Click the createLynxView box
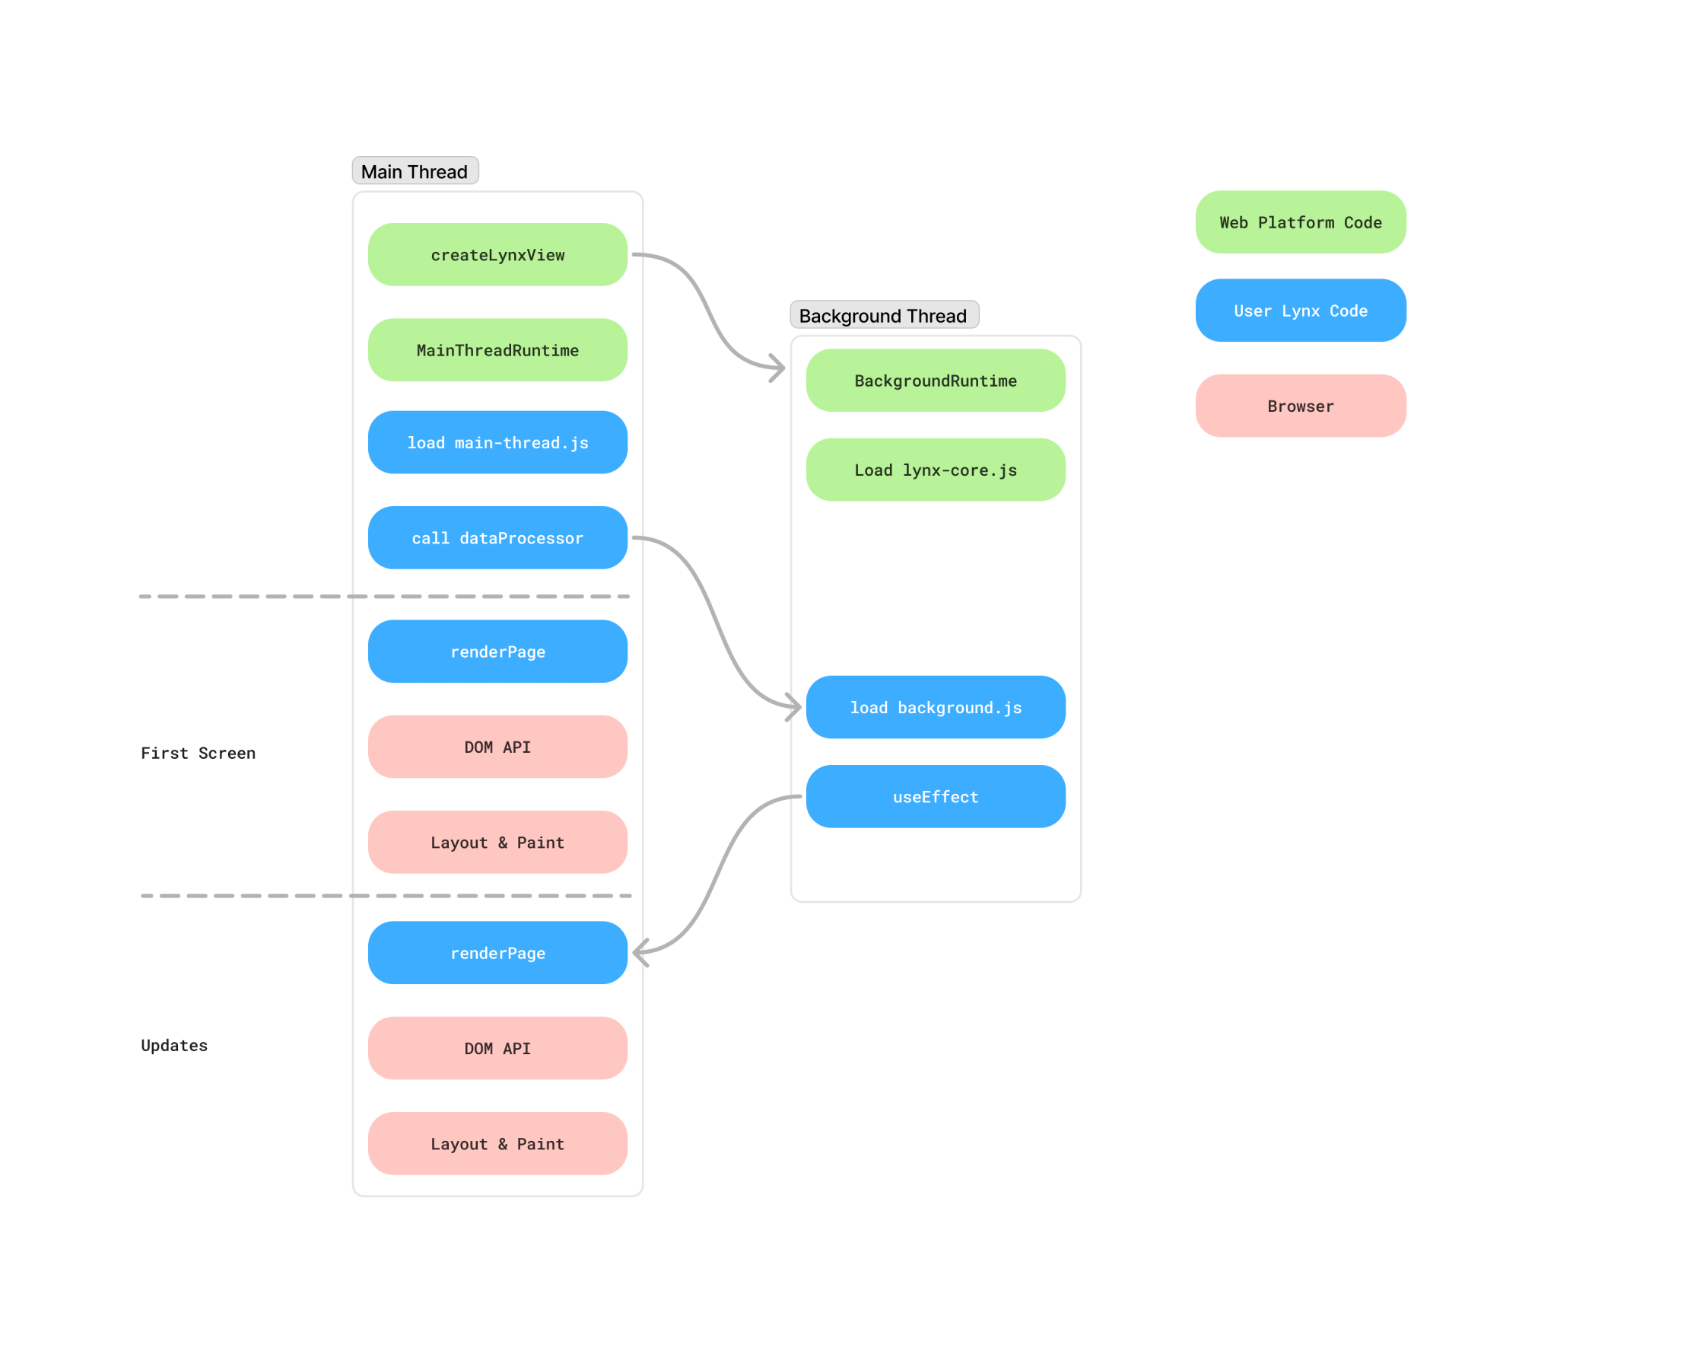tap(497, 255)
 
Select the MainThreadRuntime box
tap(497, 350)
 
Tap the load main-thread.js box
tap(497, 442)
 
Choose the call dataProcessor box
tap(497, 538)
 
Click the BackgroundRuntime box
tap(936, 381)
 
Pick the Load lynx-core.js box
tap(936, 470)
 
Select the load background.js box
tap(936, 708)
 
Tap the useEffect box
tap(936, 797)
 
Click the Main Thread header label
tap(415, 171)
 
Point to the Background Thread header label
tap(884, 316)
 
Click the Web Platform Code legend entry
tap(1301, 222)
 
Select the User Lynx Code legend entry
tap(1301, 311)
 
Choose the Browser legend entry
tap(1301, 406)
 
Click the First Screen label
tap(198, 754)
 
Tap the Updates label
tap(174, 1045)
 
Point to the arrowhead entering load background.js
tap(796, 706)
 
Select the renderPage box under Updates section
tap(497, 953)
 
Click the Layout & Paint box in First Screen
tap(497, 843)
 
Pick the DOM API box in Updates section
tap(497, 1048)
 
